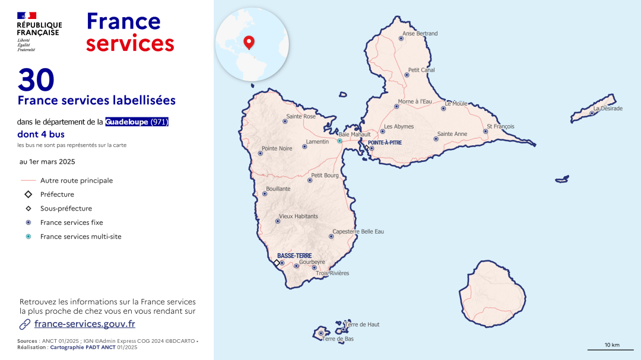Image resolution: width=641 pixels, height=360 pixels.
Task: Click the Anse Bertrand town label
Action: click(420, 34)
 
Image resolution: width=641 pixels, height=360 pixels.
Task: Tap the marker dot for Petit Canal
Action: click(407, 75)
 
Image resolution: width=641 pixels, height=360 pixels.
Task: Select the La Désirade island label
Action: click(608, 109)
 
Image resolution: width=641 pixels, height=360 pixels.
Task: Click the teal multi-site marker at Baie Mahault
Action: click(339, 141)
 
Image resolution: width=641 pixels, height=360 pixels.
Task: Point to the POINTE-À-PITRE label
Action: click(385, 143)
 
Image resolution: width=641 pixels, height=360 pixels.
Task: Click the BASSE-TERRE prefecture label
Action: click(294, 256)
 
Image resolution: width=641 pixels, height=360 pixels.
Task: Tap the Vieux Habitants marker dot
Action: click(278, 221)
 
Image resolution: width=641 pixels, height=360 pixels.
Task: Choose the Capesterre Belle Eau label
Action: click(358, 231)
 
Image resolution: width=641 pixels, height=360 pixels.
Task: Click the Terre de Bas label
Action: click(338, 339)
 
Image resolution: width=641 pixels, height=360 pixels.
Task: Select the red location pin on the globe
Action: click(249, 42)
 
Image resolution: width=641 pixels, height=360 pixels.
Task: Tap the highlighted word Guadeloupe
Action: click(127, 122)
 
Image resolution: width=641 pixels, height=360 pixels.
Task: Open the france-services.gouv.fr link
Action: click(85, 324)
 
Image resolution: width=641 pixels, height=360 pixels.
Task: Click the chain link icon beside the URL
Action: click(25, 324)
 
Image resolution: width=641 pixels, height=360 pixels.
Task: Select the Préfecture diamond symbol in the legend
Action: click(28, 195)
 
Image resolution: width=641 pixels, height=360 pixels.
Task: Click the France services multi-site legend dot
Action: click(28, 237)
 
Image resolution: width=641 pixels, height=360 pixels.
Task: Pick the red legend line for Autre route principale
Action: click(28, 181)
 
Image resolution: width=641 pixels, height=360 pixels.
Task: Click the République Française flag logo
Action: click(27, 15)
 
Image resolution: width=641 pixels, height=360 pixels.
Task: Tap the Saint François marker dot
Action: click(485, 132)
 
